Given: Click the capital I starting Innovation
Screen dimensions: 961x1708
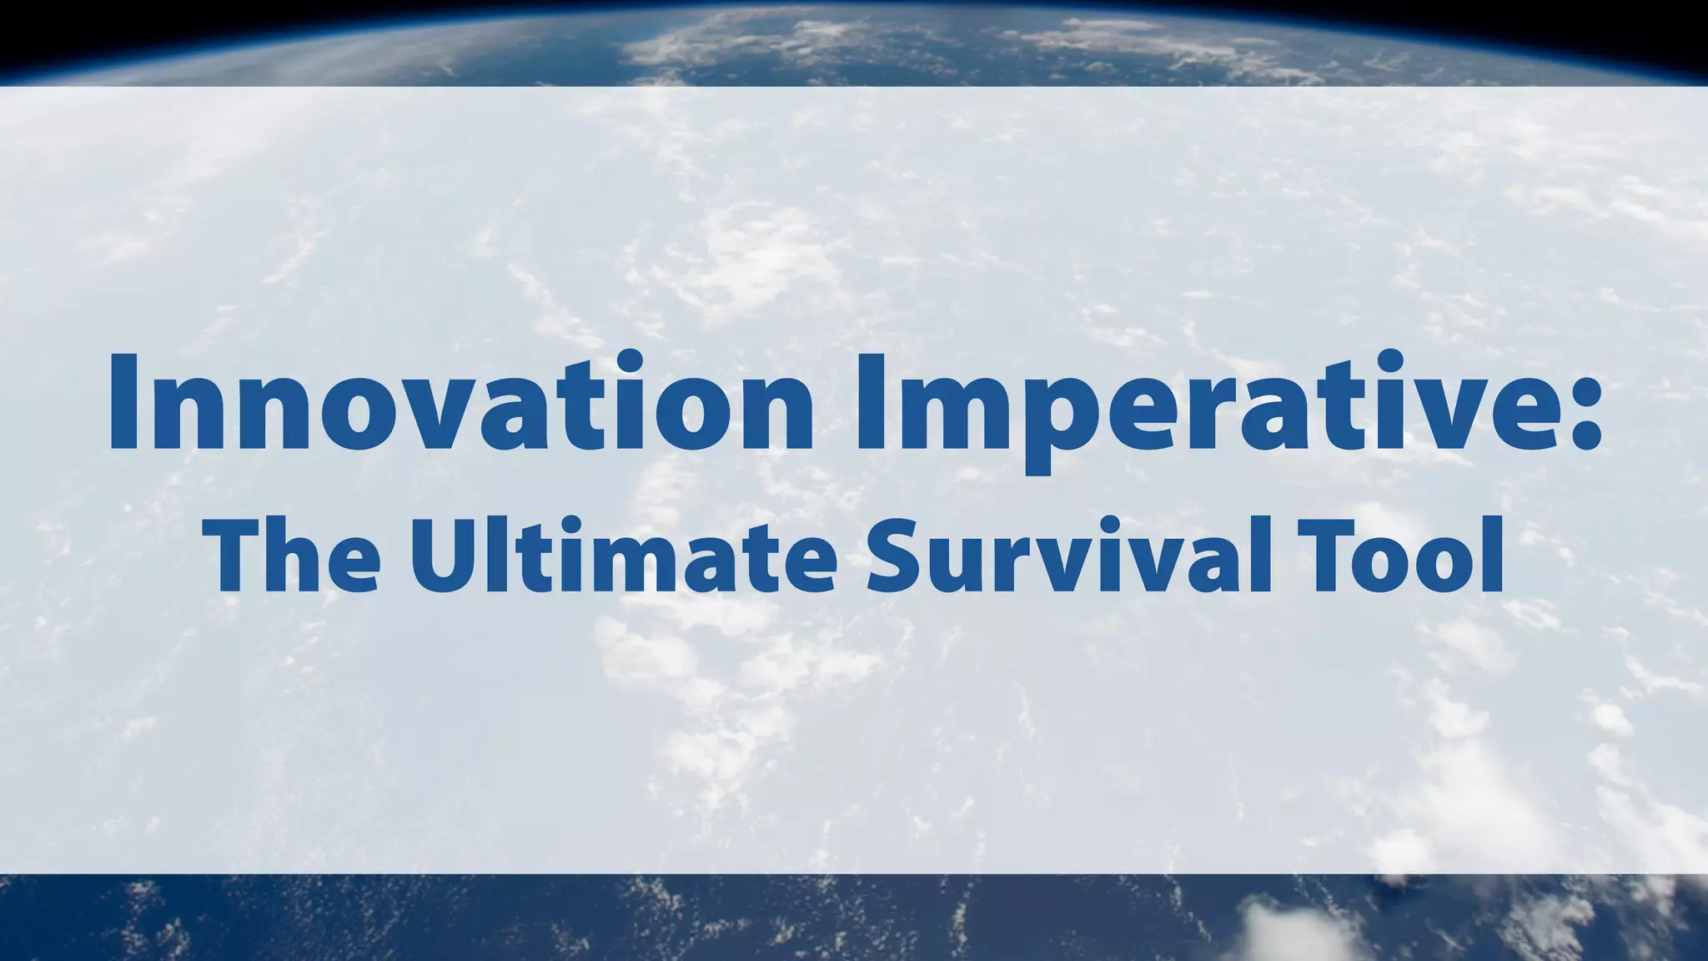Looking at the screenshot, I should tap(123, 403).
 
